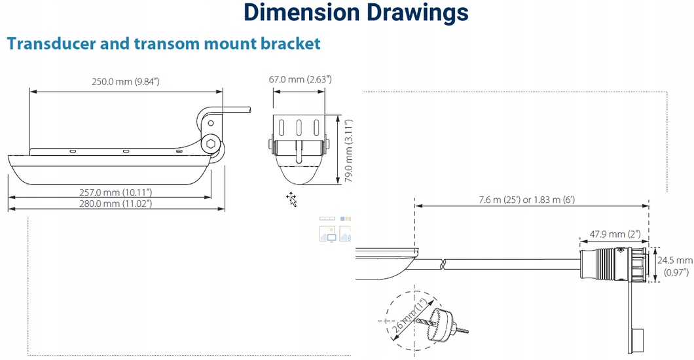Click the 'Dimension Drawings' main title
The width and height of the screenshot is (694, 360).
pos(356,12)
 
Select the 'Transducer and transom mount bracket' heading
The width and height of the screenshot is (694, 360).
pos(164,43)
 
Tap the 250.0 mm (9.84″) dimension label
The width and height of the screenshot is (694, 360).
pos(126,82)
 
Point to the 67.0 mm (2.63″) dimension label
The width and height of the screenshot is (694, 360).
pos(300,80)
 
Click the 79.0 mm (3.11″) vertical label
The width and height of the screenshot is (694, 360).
pos(349,151)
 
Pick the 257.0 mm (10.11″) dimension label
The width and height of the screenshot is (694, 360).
pos(115,192)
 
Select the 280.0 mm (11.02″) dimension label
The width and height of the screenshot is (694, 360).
pos(115,204)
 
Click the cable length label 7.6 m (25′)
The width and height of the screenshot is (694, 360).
pos(499,200)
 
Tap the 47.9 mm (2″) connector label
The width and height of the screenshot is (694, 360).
pos(615,234)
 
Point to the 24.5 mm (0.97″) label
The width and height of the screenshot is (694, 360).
pos(674,266)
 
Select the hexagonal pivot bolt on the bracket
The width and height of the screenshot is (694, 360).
pos(211,144)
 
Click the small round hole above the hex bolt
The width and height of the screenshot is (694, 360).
pos(211,124)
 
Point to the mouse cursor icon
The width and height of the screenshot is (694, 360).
pos(291,200)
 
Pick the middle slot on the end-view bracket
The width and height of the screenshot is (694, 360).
pos(299,128)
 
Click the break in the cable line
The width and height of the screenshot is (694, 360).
pos(443,264)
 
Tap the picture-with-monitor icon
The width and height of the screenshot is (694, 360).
pos(327,234)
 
